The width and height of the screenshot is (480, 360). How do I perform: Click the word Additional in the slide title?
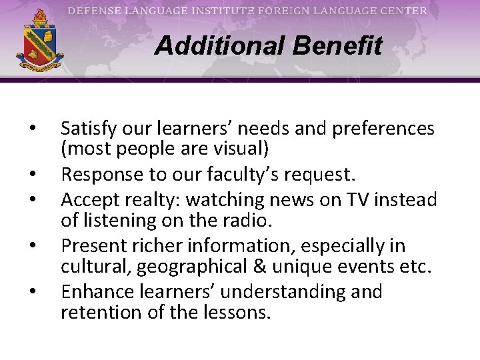tap(211, 46)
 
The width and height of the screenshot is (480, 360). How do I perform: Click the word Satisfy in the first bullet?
tap(87, 128)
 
